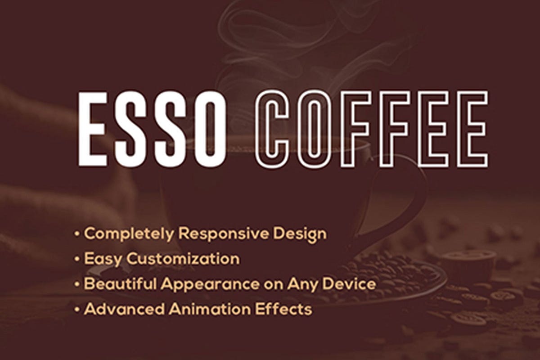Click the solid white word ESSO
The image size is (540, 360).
(x=152, y=129)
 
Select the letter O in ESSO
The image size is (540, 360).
(x=208, y=129)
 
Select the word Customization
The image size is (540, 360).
(x=183, y=259)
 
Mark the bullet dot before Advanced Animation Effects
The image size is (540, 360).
(x=78, y=310)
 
